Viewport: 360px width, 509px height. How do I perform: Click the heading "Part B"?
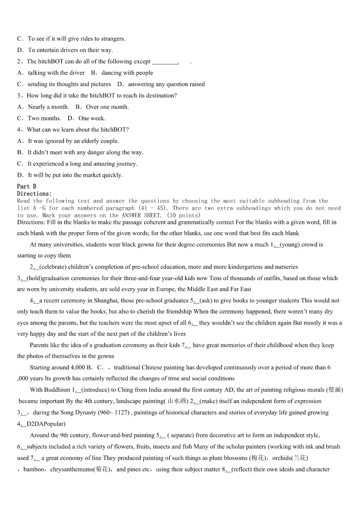pos(26,186)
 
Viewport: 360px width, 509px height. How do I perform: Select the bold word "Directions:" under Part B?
pos(34,194)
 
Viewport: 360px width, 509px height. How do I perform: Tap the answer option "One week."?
pos(92,118)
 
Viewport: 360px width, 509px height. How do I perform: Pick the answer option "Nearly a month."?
pos(49,107)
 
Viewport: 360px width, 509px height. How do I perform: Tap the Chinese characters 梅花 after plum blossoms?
pos(259,458)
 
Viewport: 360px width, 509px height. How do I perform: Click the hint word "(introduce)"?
pos(95,390)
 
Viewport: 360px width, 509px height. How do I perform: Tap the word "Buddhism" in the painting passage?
pos(57,390)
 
